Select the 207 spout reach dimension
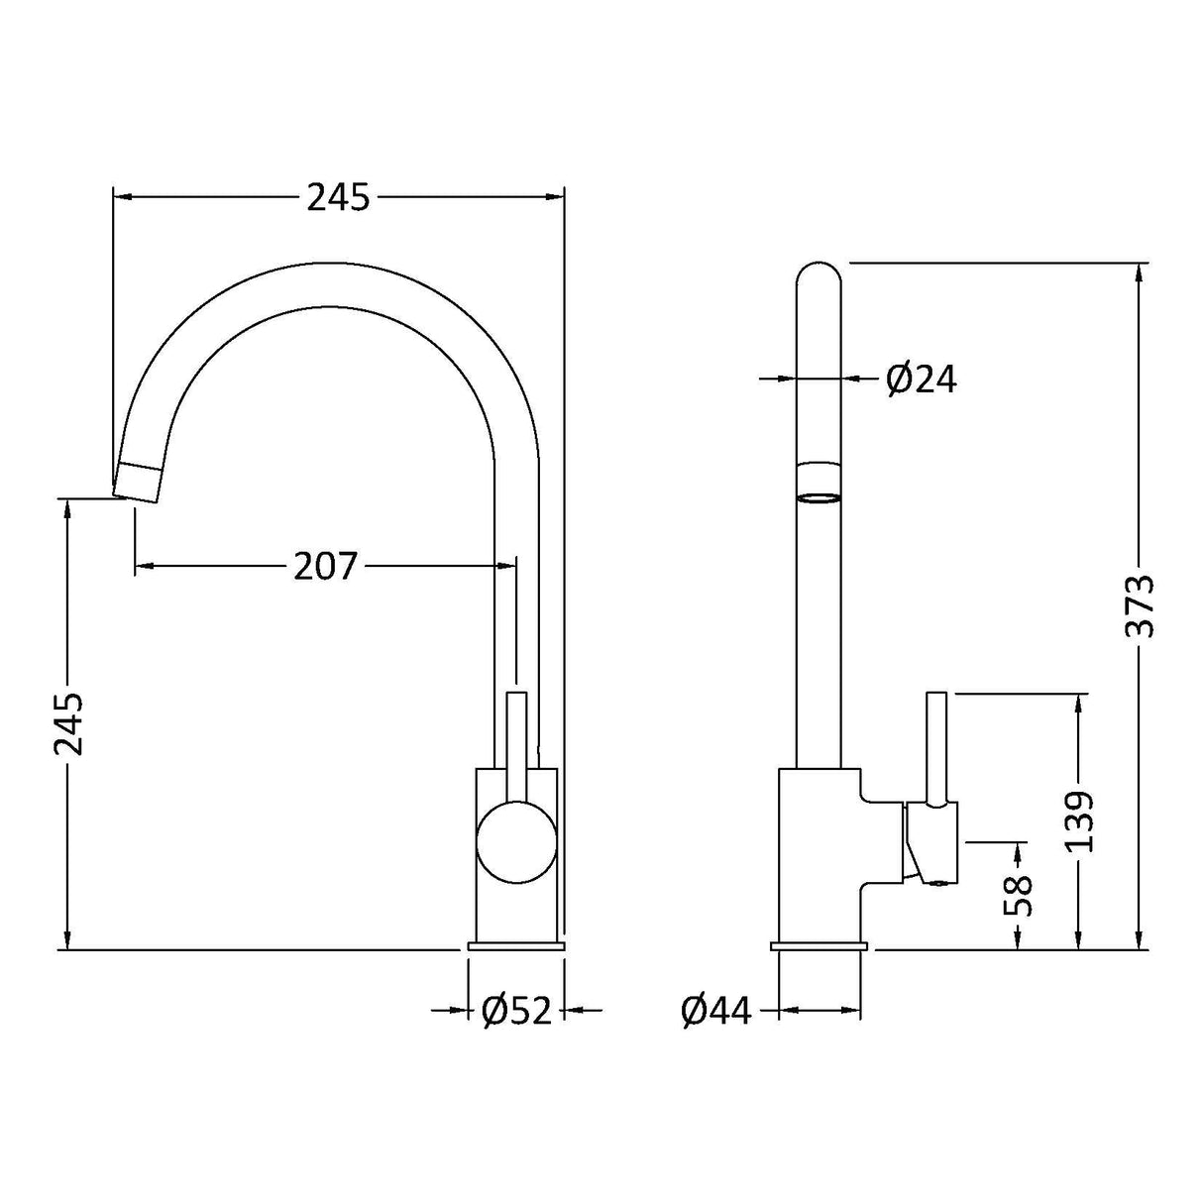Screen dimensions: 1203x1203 (324, 566)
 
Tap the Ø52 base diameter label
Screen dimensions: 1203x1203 (515, 1011)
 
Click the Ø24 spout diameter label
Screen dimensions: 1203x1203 (922, 379)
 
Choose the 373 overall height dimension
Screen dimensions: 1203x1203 (1141, 605)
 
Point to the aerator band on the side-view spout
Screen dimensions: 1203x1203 (819, 484)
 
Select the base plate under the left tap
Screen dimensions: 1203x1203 (515, 947)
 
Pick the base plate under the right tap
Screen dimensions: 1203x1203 (820, 947)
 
